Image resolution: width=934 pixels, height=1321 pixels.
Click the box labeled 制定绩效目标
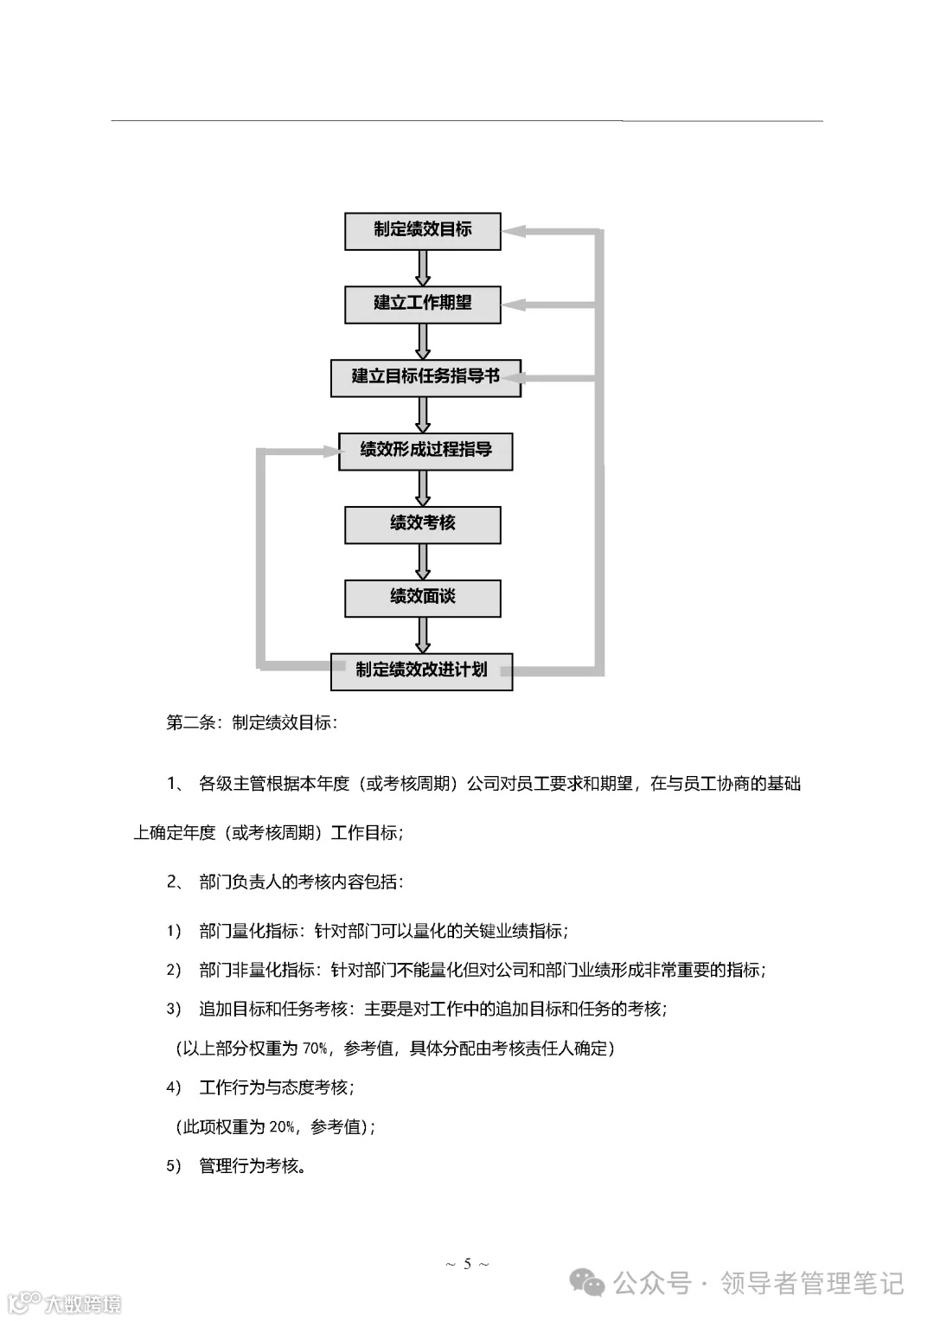(x=422, y=231)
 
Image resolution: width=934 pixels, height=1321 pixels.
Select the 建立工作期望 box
(x=422, y=304)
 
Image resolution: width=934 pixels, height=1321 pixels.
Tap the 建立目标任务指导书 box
(x=425, y=377)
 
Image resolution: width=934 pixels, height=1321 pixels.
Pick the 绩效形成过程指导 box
(x=425, y=451)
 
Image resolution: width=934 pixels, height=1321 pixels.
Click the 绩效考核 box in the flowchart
(x=422, y=524)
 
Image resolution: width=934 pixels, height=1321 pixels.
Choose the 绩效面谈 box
(x=422, y=597)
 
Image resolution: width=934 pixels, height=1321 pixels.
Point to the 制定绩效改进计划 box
(x=421, y=670)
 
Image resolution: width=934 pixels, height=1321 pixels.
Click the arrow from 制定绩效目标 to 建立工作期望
(x=423, y=268)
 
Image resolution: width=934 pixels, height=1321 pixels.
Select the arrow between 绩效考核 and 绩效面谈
(x=423, y=561)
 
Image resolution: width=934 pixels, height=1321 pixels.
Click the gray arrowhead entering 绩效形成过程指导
(x=328, y=451)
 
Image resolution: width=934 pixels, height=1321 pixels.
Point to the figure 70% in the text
(x=314, y=1048)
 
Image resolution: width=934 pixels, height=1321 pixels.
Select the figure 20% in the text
(x=282, y=1126)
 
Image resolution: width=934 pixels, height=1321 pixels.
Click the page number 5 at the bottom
(x=467, y=1264)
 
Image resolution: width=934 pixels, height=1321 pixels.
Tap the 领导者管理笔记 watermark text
(x=812, y=1283)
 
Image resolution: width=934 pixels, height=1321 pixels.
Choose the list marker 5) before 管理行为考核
(x=174, y=1166)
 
